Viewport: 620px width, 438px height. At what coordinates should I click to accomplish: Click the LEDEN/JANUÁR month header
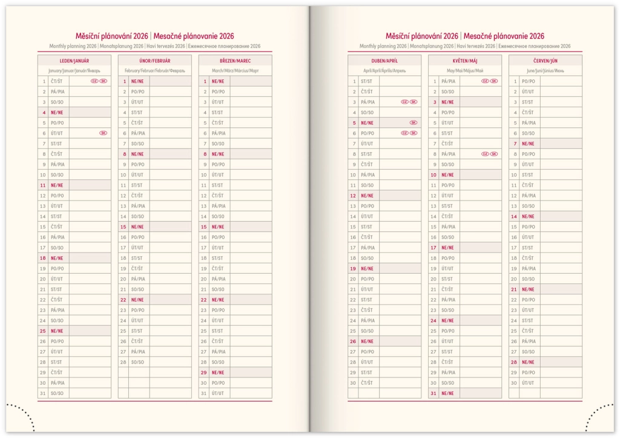[74, 61]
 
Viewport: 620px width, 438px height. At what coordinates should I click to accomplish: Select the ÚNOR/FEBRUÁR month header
[154, 61]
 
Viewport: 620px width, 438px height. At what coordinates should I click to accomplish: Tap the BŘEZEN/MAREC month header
[235, 61]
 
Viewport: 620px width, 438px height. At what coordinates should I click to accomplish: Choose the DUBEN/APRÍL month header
[384, 61]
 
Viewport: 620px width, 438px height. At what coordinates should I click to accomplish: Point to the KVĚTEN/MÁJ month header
[464, 61]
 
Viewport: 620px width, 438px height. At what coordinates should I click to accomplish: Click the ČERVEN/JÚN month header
[545, 61]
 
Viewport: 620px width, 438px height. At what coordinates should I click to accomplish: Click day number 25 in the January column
[43, 331]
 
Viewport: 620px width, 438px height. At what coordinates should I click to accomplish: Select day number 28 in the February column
[123, 362]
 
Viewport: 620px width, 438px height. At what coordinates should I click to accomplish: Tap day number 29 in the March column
[203, 373]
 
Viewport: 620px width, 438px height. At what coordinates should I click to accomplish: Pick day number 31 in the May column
[434, 393]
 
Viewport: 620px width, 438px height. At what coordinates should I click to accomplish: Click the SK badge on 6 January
[103, 133]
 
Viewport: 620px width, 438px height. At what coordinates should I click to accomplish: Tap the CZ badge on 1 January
[94, 81]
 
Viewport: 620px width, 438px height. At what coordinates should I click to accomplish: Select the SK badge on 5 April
[414, 122]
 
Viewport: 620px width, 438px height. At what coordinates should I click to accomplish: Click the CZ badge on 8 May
[485, 154]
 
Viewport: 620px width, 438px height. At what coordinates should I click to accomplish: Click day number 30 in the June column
[514, 383]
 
